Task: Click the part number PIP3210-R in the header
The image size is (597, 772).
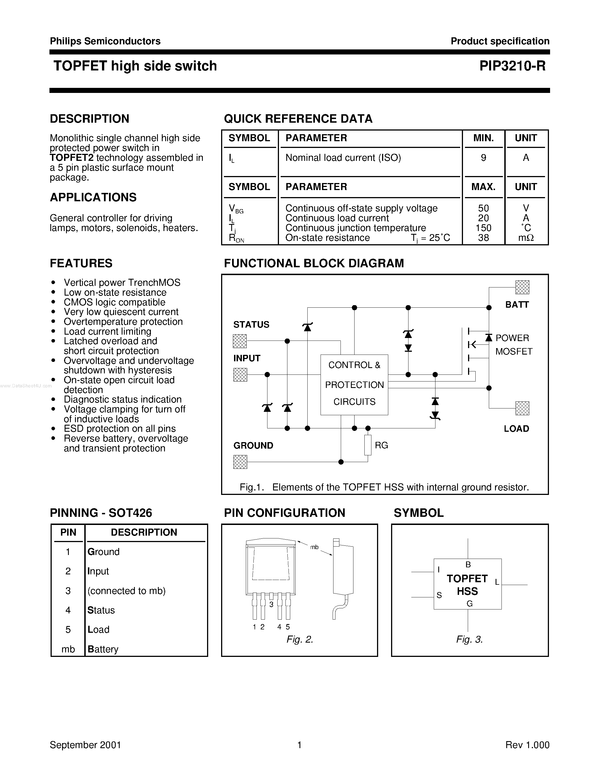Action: (x=512, y=66)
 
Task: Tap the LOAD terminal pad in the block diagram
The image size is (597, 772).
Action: (x=522, y=408)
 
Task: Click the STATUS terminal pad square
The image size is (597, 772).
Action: (x=240, y=341)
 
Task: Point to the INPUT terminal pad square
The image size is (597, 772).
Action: (x=240, y=374)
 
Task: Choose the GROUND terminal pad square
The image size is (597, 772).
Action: (x=240, y=462)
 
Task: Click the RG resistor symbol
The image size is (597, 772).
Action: (x=368, y=445)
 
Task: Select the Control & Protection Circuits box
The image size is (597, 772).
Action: (x=354, y=385)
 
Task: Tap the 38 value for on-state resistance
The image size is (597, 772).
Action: (x=483, y=238)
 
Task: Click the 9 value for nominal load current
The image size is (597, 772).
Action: (x=483, y=158)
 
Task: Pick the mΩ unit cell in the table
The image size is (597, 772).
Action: (x=526, y=238)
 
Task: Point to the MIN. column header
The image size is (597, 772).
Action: (x=483, y=138)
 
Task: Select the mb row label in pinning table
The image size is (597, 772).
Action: (x=68, y=649)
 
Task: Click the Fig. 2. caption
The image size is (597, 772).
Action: (x=299, y=639)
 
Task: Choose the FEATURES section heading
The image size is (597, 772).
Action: (x=81, y=263)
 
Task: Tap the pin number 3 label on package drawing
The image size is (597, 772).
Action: (x=271, y=605)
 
